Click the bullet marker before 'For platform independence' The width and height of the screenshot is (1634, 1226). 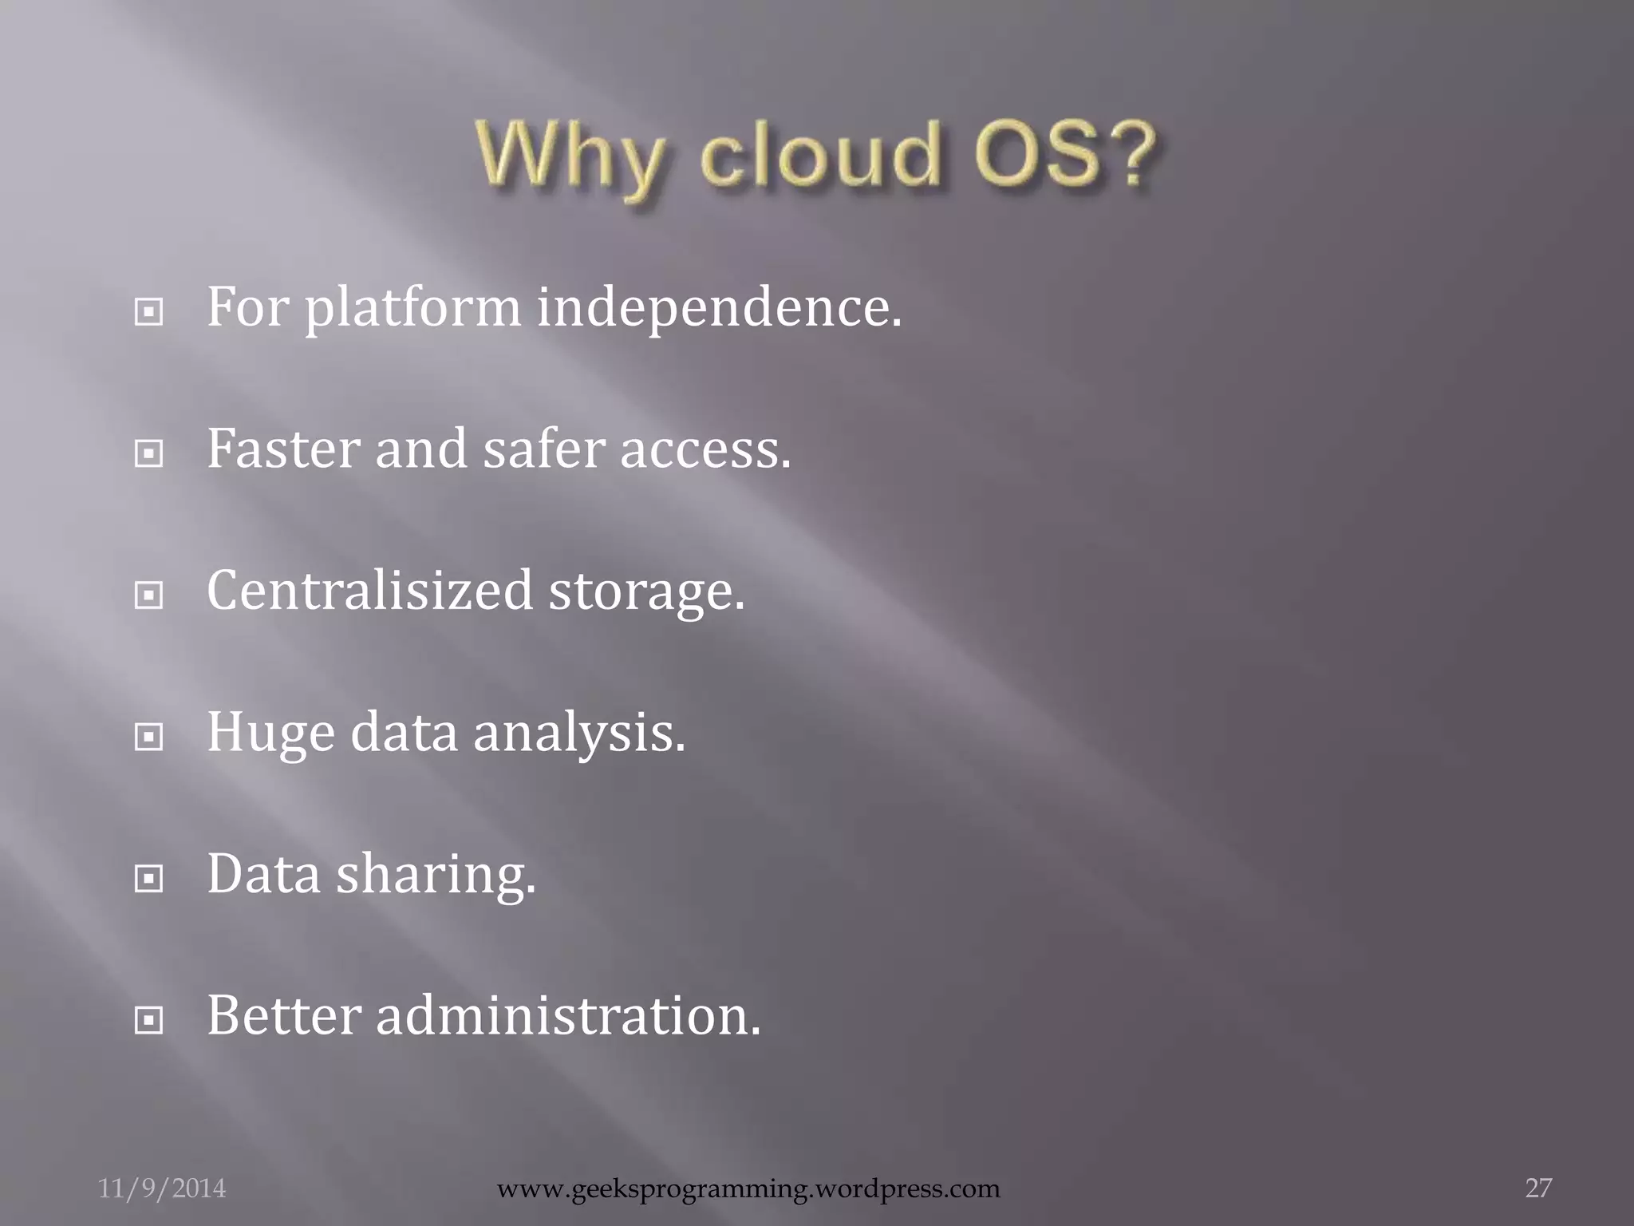coord(149,312)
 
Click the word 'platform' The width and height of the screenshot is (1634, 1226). coord(412,308)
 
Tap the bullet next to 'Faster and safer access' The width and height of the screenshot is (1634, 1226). coord(149,454)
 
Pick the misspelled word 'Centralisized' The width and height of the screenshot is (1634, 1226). coord(369,590)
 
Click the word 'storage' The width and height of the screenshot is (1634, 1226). coord(646,591)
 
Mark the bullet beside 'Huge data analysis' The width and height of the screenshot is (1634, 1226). coord(149,738)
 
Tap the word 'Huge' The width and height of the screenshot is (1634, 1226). coord(270,733)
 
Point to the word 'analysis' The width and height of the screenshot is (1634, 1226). coord(579,733)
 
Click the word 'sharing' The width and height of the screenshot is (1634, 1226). coord(436,874)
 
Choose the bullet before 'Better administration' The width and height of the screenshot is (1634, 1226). coord(149,1020)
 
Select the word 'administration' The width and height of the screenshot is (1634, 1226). coord(568,1015)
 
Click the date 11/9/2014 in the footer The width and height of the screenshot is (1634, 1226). coord(162,1188)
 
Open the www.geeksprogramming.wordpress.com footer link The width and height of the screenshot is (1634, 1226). coord(748,1188)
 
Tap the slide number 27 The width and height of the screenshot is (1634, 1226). coord(1538,1188)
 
